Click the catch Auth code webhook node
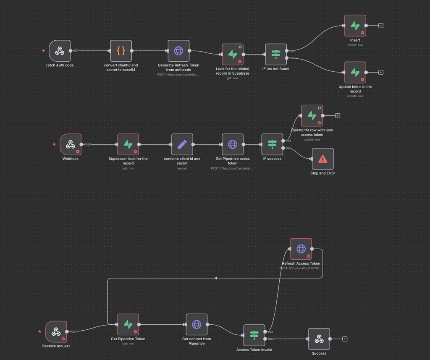tap(60, 51)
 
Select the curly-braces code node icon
tap(121, 51)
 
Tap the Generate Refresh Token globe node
tap(178, 51)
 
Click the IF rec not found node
tap(276, 54)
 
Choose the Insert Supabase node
tap(355, 26)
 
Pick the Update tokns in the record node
tap(355, 72)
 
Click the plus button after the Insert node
tap(381, 26)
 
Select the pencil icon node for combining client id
tap(182, 144)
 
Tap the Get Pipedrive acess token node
tap(233, 144)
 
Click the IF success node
tap(272, 144)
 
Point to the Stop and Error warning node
tap(322, 159)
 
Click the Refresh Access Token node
tap(301, 249)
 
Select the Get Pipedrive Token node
tap(128, 324)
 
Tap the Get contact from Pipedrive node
tap(197, 324)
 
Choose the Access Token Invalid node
tap(254, 335)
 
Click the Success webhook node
tap(319, 339)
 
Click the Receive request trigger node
tap(56, 331)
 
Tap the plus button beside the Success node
tap(345, 339)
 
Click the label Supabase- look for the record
tap(128, 161)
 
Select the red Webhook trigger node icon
tap(70, 144)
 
